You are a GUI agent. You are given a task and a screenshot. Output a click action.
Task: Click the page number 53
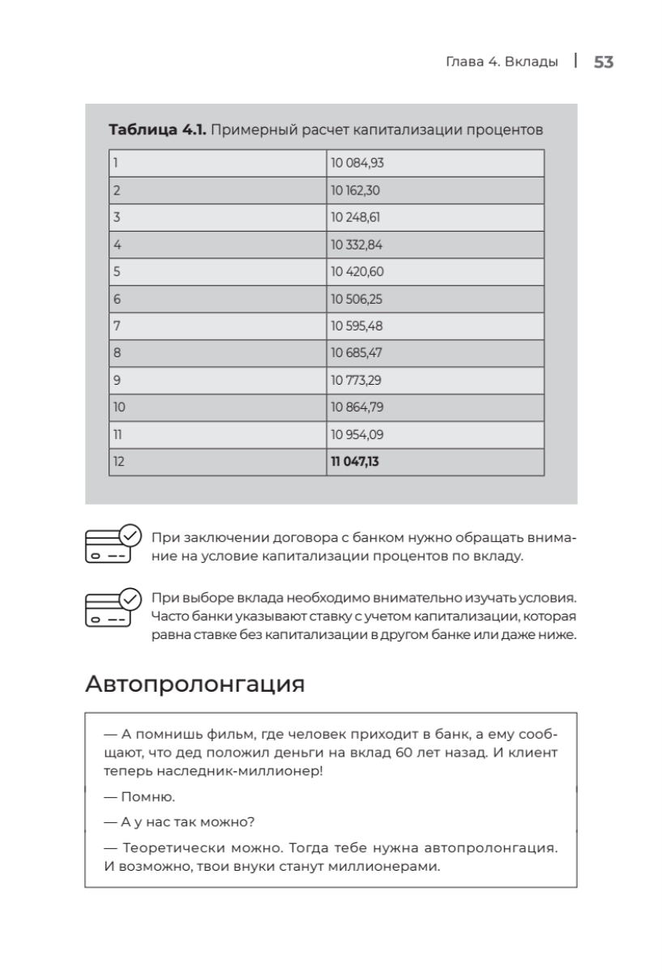(604, 62)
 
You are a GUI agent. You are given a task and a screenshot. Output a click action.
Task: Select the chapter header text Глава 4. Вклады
(502, 62)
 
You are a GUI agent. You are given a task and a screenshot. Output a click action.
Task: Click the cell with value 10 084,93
(357, 163)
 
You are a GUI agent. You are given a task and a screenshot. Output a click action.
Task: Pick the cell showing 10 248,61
(356, 217)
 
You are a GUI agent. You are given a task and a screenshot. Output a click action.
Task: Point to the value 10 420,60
(357, 271)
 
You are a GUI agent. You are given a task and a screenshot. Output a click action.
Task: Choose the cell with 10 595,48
(357, 326)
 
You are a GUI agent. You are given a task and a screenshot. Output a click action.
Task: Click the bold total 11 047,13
(355, 462)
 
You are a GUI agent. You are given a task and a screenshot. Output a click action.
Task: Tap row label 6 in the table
(117, 299)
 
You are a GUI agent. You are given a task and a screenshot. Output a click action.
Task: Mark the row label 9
(117, 380)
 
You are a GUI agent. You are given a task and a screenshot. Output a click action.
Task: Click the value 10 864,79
(357, 407)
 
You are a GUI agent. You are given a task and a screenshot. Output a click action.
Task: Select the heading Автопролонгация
(194, 684)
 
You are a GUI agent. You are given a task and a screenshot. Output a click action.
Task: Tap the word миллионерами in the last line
(388, 867)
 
